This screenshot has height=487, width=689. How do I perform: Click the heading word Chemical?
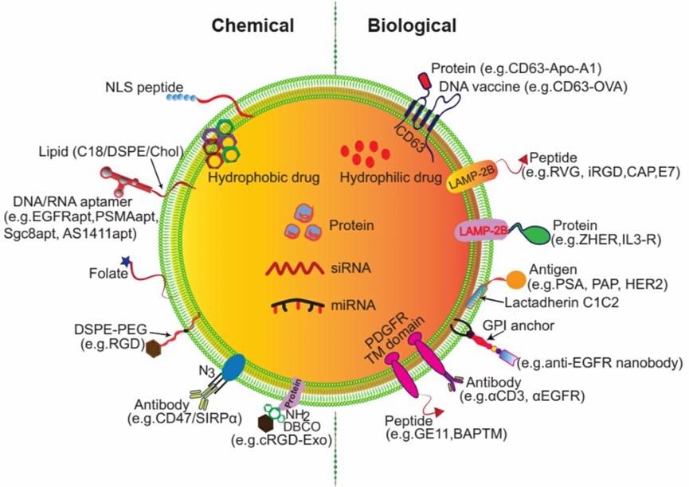click(253, 25)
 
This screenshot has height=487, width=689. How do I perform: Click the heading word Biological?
click(412, 25)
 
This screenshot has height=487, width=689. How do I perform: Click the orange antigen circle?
click(515, 280)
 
